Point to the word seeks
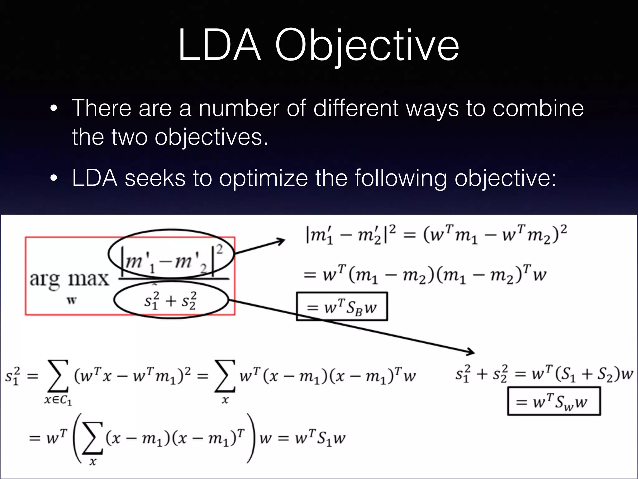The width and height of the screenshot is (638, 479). pyautogui.click(x=155, y=178)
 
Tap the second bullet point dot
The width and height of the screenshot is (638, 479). pyautogui.click(x=54, y=179)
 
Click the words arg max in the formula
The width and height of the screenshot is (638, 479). pyautogui.click(x=69, y=278)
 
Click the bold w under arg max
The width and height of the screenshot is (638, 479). pyautogui.click(x=72, y=301)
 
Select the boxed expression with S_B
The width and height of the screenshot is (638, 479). pyautogui.click(x=342, y=307)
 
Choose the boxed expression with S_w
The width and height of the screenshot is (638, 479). pyautogui.click(x=554, y=401)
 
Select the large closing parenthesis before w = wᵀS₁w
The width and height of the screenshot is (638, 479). pyautogui.click(x=251, y=438)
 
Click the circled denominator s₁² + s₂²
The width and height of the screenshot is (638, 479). pyautogui.click(x=170, y=300)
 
